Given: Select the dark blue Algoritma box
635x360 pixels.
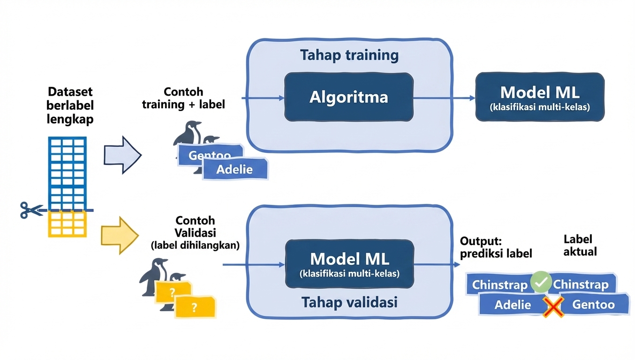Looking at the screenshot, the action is (x=348, y=97).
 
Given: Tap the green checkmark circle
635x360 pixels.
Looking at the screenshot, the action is (x=541, y=282).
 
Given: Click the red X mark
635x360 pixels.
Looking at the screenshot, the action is (x=553, y=307).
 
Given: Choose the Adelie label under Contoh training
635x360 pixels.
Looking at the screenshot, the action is (x=234, y=169).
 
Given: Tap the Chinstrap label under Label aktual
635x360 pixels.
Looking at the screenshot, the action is (x=582, y=284).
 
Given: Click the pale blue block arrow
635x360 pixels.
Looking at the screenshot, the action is (x=122, y=155).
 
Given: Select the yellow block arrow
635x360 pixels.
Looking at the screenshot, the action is (x=120, y=236).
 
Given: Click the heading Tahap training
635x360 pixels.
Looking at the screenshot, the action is (x=349, y=55).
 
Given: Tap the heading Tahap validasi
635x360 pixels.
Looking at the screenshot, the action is (x=349, y=302).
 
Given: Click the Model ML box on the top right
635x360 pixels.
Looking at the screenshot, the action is (x=540, y=97).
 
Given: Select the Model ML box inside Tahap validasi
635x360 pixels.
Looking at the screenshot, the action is (x=349, y=264).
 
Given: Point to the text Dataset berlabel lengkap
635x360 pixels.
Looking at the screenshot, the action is (x=70, y=105).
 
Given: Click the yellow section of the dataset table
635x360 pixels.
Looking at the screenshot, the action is (x=68, y=224).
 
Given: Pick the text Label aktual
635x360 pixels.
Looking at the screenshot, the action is (x=580, y=245).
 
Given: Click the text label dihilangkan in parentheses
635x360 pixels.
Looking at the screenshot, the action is (x=195, y=245).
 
